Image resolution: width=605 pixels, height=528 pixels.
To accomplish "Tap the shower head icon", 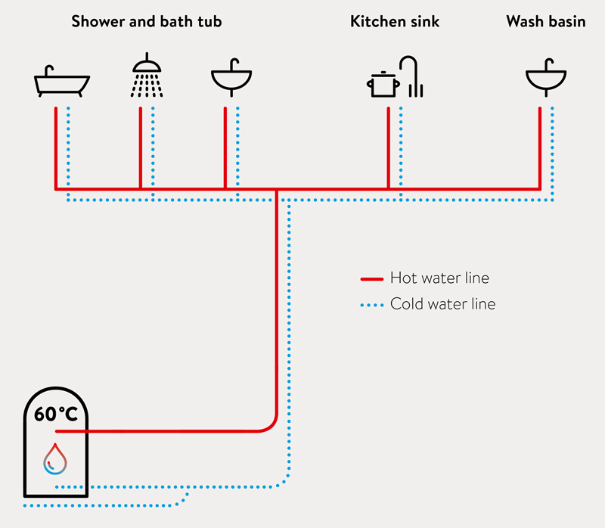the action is (x=147, y=75).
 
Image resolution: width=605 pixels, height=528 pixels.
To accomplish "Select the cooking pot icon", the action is (x=383, y=84).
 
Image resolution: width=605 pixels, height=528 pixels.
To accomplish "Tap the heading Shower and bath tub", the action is (x=147, y=22).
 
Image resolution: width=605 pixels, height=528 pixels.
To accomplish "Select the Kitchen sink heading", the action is (x=395, y=22).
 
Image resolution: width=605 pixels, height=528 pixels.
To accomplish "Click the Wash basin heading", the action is (x=546, y=22).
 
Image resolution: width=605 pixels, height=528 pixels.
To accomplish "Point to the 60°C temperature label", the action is (x=56, y=414).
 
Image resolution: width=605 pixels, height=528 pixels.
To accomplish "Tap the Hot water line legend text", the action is (x=439, y=278).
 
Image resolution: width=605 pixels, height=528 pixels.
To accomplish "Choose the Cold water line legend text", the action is (x=442, y=304).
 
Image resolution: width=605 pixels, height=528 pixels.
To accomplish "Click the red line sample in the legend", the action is (x=372, y=278).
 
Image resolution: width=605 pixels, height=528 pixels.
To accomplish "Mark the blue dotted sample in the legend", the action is (x=372, y=306).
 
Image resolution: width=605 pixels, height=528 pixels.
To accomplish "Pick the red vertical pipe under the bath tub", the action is (x=56, y=148).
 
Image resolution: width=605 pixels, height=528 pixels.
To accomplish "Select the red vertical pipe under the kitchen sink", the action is (x=388, y=148).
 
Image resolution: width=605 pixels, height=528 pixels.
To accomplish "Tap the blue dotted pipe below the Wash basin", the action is (x=552, y=154).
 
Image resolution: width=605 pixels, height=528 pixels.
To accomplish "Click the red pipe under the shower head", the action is (x=141, y=148).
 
